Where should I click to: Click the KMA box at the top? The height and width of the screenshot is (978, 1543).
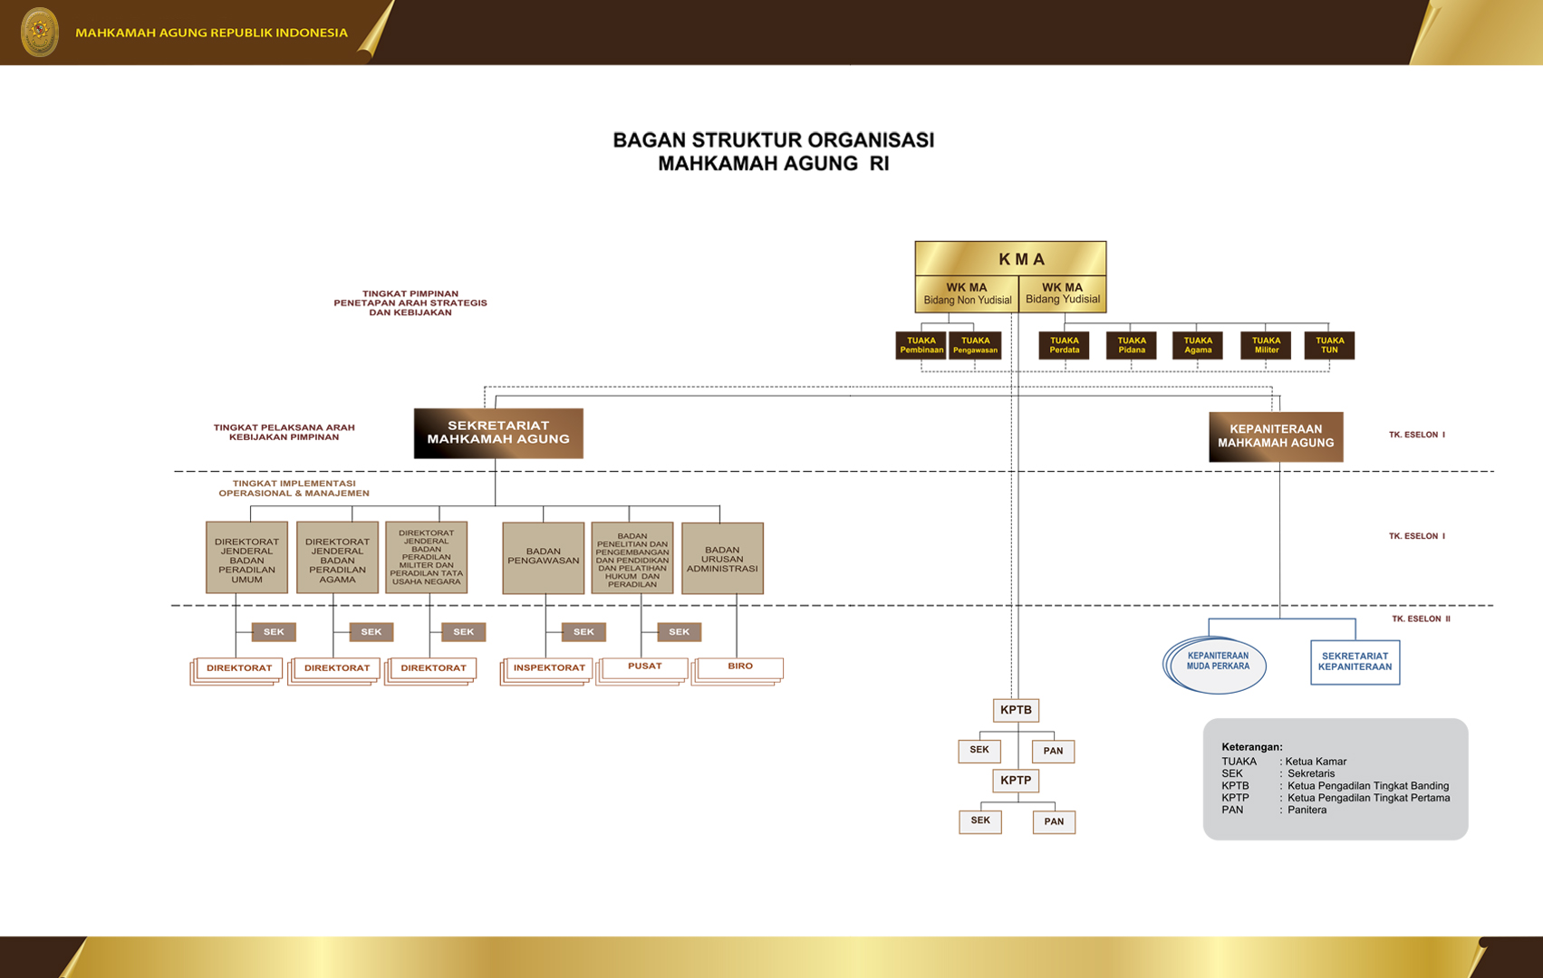tap(1010, 259)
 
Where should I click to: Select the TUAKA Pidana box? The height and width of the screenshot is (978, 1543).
tap(1131, 345)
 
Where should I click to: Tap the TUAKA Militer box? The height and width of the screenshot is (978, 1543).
tap(1266, 345)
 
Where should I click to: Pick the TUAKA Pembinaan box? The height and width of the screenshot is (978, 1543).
tap(921, 345)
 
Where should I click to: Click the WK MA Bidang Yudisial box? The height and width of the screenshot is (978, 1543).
tap(1062, 293)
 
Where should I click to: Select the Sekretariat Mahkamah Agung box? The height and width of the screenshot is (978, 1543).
tap(498, 433)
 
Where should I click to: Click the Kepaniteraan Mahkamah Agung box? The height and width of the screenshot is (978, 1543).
tap(1276, 436)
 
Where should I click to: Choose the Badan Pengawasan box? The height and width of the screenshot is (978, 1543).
tap(543, 557)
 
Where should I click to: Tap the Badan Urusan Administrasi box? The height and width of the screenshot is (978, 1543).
tap(722, 558)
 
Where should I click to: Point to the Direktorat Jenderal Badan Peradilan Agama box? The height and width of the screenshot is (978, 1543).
tap(337, 557)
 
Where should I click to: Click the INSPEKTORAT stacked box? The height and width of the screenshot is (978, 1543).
tap(549, 668)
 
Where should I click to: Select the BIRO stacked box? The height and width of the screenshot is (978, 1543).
tap(739, 667)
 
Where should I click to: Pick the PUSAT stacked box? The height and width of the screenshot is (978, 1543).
tap(644, 667)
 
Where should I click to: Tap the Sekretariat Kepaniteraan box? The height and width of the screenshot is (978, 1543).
tap(1355, 662)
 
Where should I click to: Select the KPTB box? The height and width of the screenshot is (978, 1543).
tap(1016, 710)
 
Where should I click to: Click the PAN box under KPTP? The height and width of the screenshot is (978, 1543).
tap(1054, 821)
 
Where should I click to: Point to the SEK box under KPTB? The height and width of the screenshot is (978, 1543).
tap(979, 751)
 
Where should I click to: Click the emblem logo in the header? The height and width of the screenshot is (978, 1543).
tap(39, 32)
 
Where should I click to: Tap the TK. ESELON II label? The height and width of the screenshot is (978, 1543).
tap(1421, 618)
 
